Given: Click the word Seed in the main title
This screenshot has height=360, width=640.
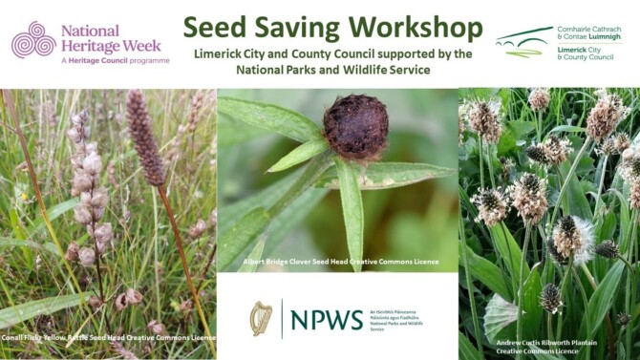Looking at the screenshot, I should pyautogui.click(x=216, y=26).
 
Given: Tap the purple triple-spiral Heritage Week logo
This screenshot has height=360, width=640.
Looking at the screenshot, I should pyautogui.click(x=32, y=40).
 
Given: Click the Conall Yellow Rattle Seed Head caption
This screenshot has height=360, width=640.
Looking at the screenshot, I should pyautogui.click(x=108, y=338).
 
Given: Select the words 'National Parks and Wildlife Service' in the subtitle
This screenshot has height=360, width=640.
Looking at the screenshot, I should pyautogui.click(x=330, y=70).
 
